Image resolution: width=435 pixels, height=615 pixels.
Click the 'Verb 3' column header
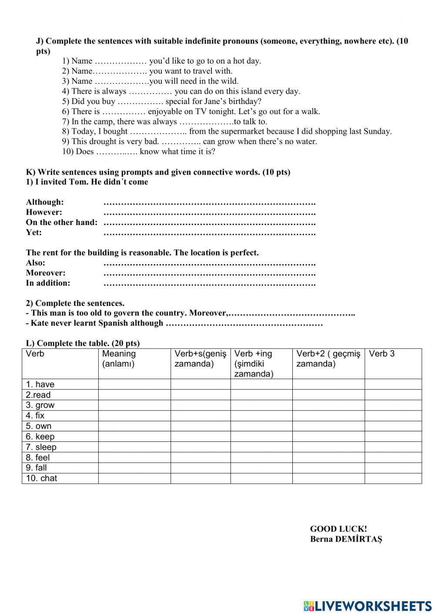click(x=381, y=354)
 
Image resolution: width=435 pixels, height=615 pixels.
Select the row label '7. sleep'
click(x=41, y=447)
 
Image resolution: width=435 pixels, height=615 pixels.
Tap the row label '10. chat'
click(x=41, y=478)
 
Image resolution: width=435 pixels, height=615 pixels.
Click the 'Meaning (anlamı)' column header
click(x=119, y=359)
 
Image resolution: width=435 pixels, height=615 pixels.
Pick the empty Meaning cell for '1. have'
click(x=134, y=384)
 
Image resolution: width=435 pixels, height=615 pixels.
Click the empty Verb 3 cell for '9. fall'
click(x=393, y=468)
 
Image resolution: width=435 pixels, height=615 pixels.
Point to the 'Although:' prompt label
click(x=45, y=202)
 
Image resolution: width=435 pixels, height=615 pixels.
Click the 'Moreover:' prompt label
click(x=46, y=273)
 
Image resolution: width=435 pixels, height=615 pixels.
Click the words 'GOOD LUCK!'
click(x=338, y=529)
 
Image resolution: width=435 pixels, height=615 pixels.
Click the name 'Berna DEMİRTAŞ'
click(x=346, y=539)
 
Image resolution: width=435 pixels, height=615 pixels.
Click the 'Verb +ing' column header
click(x=253, y=363)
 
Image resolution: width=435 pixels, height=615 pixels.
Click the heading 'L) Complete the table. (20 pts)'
click(x=83, y=343)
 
